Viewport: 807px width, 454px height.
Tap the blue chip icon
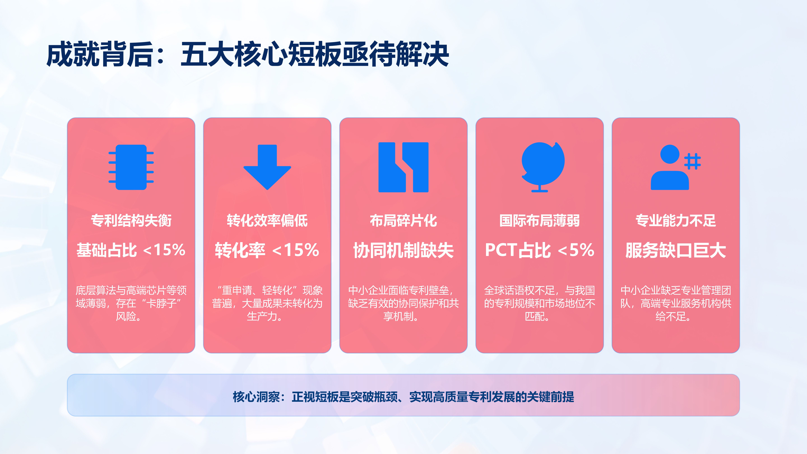coord(131,167)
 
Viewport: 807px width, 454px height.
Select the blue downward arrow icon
coord(267,167)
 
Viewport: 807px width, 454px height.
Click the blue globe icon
coord(543,167)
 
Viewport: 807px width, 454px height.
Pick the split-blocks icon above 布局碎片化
coord(403,167)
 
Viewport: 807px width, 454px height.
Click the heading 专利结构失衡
coord(131,221)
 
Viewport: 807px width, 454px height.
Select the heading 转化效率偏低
coord(267,221)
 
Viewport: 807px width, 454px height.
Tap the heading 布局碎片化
coord(403,221)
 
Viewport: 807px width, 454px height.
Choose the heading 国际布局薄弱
coord(539,221)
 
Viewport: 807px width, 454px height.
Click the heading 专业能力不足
coord(676,221)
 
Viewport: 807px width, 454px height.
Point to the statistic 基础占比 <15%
coord(131,250)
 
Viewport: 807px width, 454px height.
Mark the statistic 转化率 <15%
coord(267,250)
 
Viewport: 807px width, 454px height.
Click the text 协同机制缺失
coord(403,250)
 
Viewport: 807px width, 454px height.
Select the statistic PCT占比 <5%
coord(539,250)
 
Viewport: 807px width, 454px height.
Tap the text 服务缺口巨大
coord(676,250)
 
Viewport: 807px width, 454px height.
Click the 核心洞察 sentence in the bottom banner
coord(403,397)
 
